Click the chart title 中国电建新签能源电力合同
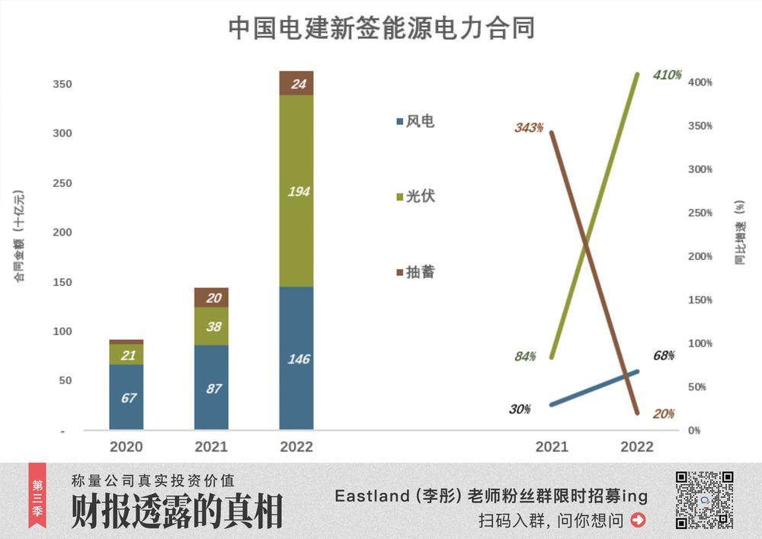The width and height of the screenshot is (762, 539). pos(381,28)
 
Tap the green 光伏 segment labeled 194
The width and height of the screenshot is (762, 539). pos(296,191)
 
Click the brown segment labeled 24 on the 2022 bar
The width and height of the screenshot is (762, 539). pos(296,83)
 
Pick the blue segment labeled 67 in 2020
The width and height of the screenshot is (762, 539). pos(126,396)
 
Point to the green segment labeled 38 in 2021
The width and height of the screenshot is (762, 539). pos(211,326)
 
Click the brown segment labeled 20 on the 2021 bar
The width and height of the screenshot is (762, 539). pos(211,298)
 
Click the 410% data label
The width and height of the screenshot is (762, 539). pos(667,75)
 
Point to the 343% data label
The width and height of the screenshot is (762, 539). pos(528,128)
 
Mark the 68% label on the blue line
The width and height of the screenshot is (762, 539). pos(664,356)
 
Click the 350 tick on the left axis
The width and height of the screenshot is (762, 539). pos(62,84)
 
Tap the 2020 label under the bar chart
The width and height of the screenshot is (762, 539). pos(126,447)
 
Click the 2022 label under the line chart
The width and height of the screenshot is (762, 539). pos(637,447)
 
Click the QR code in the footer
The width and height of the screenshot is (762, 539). pos(705,499)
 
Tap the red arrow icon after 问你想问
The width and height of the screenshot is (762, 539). pos(639,521)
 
